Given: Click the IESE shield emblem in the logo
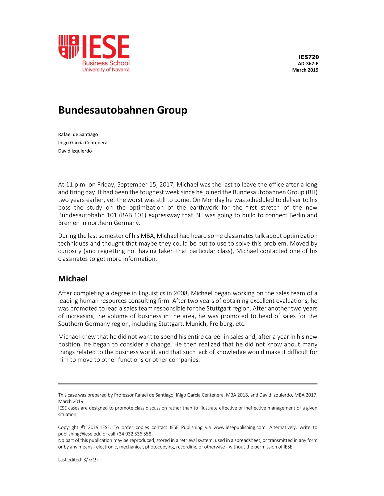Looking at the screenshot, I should [69, 47].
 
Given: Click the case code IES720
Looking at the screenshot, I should [308, 57].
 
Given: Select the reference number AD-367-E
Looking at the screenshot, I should [308, 64].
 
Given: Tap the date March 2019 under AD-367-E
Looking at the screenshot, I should [305, 70].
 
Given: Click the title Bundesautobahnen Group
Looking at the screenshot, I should [123, 110].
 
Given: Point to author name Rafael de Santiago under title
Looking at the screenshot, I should [78, 134].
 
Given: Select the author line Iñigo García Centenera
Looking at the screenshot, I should [83, 143].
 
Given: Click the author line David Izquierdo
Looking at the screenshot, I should [75, 151].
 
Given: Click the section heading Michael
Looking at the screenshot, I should [73, 279].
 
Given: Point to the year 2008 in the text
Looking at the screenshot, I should [181, 293].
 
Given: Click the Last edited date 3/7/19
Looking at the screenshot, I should [90, 460].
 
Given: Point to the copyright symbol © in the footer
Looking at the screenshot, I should [83, 428].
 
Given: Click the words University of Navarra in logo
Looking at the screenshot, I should [106, 70].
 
